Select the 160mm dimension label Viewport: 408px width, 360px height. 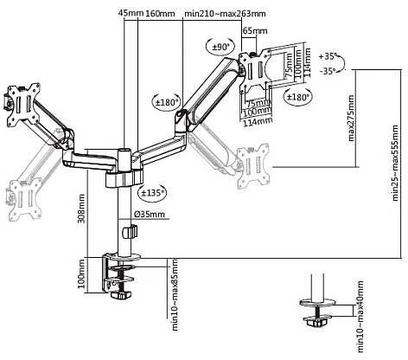tap(160, 13)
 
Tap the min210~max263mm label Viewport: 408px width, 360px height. tap(225, 13)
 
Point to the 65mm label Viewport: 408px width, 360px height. tap(255, 30)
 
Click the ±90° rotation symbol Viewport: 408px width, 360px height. tap(220, 46)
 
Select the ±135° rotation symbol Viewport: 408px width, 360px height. tap(152, 192)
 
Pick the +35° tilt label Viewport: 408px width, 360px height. tap(328, 56)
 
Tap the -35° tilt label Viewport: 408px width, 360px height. tap(328, 71)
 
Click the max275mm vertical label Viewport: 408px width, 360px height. tap(351, 118)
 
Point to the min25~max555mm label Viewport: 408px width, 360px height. tap(395, 163)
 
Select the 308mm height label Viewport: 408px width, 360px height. tap(81, 209)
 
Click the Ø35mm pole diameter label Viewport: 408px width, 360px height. tap(150, 214)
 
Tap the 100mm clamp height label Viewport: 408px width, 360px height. tap(81, 273)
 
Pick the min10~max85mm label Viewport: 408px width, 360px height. tap(175, 294)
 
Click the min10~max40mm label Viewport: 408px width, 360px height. tap(360, 317)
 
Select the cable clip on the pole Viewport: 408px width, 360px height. tap(130, 232)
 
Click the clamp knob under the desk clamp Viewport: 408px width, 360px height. tap(121, 295)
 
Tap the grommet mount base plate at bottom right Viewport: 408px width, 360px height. tap(317, 303)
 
